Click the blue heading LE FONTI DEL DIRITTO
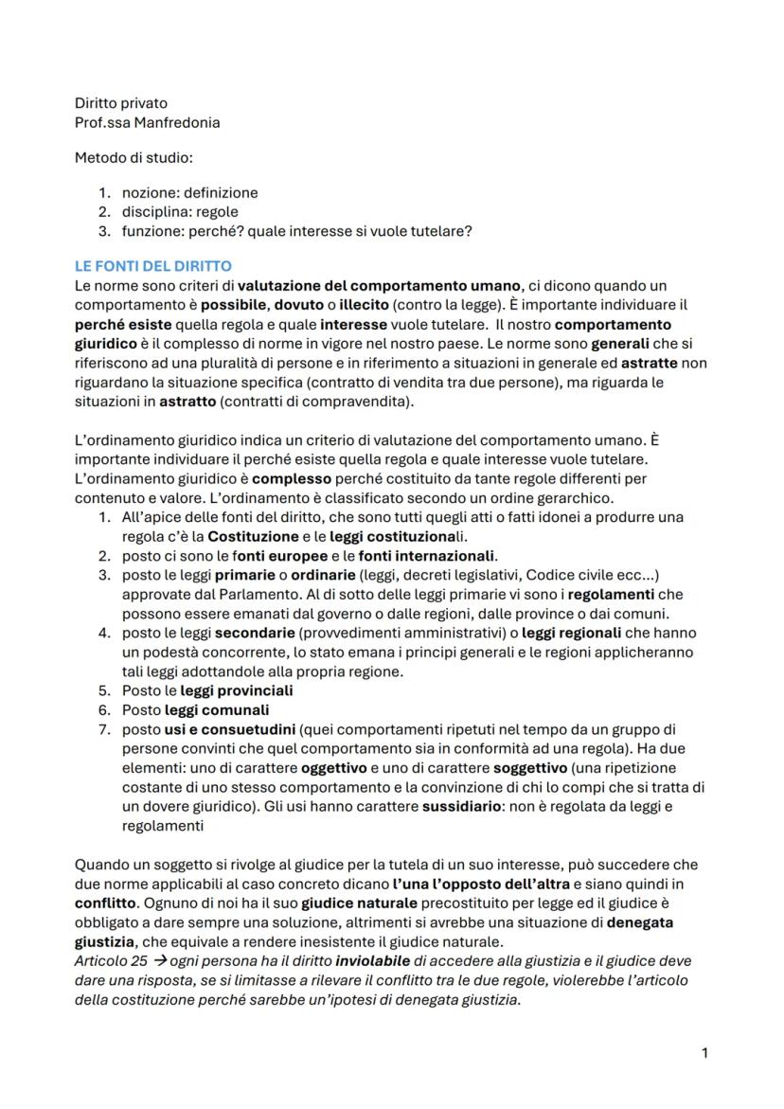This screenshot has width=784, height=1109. (153, 266)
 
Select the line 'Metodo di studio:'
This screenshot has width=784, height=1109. (134, 157)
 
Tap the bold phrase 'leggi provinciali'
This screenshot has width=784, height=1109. (236, 690)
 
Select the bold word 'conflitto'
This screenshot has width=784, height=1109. (105, 903)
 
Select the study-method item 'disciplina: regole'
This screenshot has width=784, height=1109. (180, 211)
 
